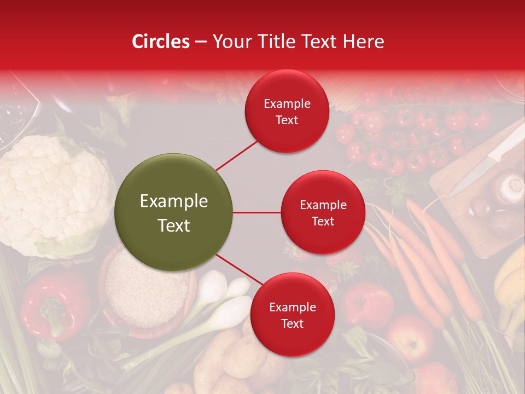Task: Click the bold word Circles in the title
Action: pyautogui.click(x=161, y=42)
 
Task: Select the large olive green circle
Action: pyautogui.click(x=174, y=212)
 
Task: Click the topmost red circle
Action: pyautogui.click(x=287, y=112)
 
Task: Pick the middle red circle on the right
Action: pyautogui.click(x=323, y=212)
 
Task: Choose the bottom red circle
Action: pyautogui.click(x=292, y=315)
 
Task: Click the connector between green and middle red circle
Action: pyautogui.click(x=257, y=212)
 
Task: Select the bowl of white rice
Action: pyautogui.click(x=145, y=290)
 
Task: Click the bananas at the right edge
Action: pyautogui.click(x=511, y=285)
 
